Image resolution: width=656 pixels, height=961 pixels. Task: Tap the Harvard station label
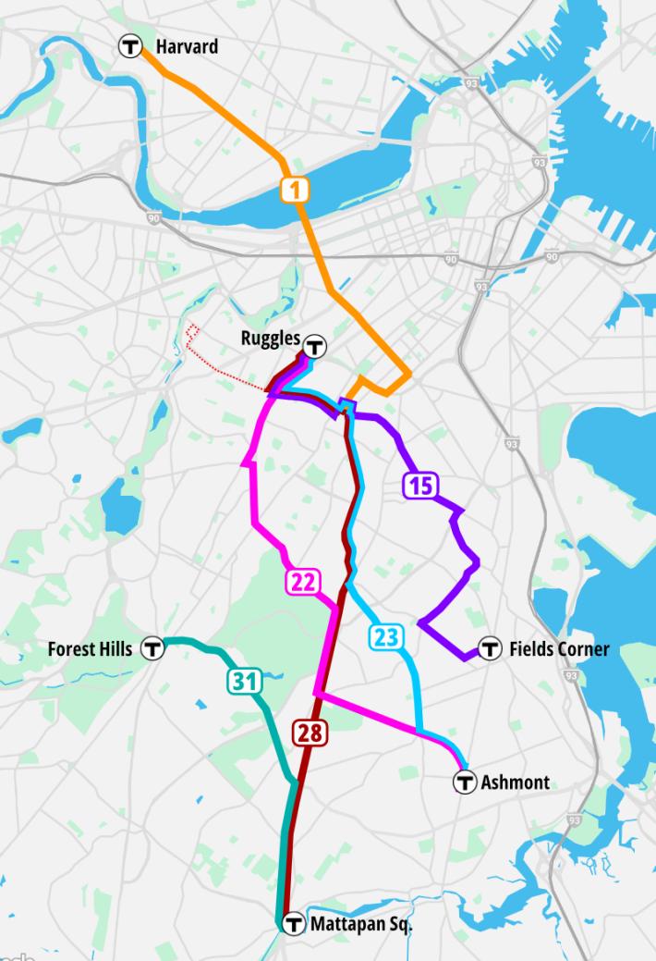[x=187, y=45]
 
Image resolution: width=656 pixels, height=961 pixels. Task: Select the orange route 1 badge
[x=295, y=191]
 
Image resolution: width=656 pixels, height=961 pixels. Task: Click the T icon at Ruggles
[x=316, y=347]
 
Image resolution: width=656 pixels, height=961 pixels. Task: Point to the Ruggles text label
[x=271, y=339]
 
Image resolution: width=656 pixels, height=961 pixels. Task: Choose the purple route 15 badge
[x=419, y=485]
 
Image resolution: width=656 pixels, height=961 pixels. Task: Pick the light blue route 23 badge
[x=386, y=636]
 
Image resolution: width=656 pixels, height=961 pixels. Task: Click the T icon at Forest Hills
[x=152, y=649]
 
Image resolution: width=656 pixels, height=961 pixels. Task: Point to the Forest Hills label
[x=90, y=649]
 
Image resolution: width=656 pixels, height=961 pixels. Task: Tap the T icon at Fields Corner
[x=490, y=649]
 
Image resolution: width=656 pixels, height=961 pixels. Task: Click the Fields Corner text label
[x=559, y=649]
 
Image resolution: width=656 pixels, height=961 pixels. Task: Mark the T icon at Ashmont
[x=464, y=782]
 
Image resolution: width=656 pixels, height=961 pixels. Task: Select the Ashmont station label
[x=515, y=782]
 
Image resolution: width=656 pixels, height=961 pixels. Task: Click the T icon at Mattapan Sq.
[x=294, y=923]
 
